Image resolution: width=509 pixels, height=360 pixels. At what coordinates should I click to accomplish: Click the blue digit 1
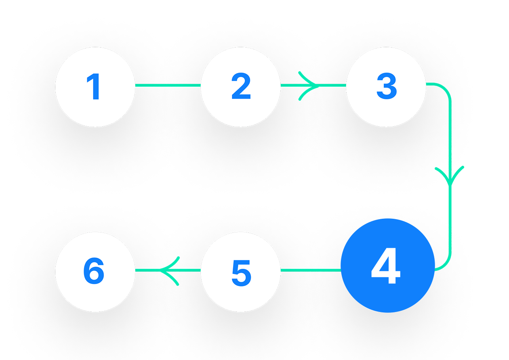tap(94, 87)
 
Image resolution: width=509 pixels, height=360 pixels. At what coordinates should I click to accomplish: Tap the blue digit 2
tap(241, 87)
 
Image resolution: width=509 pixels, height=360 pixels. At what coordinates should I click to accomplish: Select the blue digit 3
tap(386, 87)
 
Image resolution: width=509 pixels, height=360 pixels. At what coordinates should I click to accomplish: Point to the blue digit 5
tap(241, 272)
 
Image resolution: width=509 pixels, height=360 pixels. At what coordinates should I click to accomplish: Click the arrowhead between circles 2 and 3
tap(311, 86)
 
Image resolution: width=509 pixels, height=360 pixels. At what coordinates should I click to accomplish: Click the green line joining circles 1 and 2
tap(168, 86)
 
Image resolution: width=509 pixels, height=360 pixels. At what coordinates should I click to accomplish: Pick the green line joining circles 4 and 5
tap(310, 270)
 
